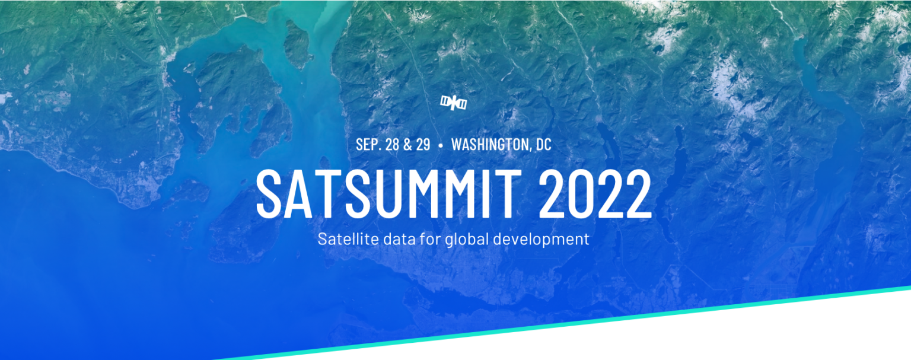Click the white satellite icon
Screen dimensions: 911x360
454,103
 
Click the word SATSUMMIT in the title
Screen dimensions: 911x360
389,194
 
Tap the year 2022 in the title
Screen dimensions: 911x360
595,194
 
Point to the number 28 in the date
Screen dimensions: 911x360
393,144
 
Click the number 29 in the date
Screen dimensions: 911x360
423,144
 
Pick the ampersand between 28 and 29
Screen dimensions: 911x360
408,144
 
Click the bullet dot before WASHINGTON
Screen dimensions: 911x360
441,145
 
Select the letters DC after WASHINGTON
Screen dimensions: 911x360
543,144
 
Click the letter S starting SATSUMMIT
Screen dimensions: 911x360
269,194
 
